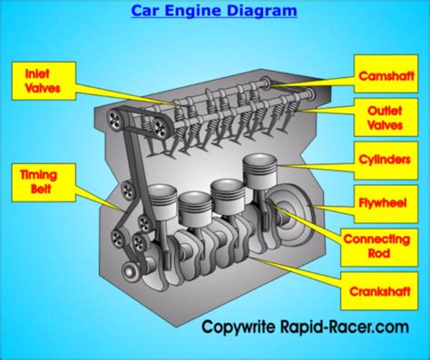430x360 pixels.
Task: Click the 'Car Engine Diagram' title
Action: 214,11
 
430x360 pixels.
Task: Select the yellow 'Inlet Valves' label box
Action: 44,81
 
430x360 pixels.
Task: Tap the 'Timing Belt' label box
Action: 44,182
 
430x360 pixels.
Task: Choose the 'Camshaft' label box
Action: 386,73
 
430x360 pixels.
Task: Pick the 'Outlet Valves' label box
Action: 386,117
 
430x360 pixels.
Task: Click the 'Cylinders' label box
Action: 386,161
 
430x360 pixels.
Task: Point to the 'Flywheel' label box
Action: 386,204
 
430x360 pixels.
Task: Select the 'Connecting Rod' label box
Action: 379,248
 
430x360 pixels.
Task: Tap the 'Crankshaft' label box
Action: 379,291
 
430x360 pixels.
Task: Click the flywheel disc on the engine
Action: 292,211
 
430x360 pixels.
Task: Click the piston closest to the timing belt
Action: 162,202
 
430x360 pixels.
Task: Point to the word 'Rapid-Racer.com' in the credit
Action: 345,327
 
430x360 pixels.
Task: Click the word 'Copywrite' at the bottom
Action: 239,327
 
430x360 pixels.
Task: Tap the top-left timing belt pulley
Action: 115,120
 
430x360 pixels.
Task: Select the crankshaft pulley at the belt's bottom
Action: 130,271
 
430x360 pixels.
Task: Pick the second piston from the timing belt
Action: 194,209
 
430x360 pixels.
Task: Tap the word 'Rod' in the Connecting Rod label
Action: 379,254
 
